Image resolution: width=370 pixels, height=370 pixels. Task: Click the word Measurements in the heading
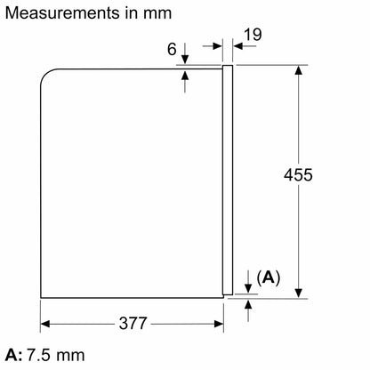[x=63, y=13]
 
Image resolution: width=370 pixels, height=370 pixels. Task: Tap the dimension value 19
[x=253, y=35]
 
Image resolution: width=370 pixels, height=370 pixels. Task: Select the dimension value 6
[x=172, y=49]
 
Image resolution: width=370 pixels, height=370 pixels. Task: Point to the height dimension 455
[x=298, y=174]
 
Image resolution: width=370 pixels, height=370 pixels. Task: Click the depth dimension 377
[x=133, y=323]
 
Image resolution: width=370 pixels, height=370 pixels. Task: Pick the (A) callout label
[x=269, y=277]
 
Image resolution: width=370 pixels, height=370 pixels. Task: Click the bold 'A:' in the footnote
[x=13, y=355]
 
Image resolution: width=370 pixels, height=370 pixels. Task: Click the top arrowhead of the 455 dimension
[x=299, y=70]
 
